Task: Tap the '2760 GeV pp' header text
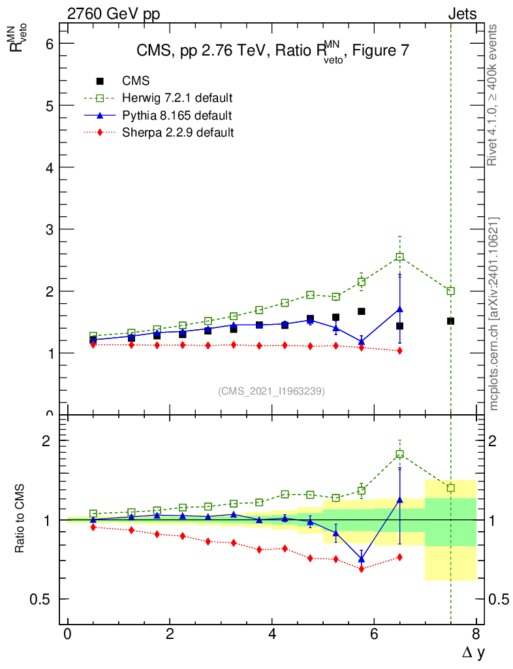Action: point(114,14)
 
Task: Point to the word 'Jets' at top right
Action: point(461,14)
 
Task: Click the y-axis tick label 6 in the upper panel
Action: point(48,43)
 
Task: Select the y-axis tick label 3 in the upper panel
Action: point(48,229)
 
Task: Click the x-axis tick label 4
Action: point(272,634)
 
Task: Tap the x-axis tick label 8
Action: point(476,634)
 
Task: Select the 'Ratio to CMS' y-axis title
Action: point(20,519)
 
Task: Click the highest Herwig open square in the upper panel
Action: point(399,257)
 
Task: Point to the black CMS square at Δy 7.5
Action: point(450,321)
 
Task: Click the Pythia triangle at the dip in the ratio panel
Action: point(361,559)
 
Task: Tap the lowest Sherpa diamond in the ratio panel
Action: point(361,569)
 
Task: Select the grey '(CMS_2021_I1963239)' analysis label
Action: point(272,391)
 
